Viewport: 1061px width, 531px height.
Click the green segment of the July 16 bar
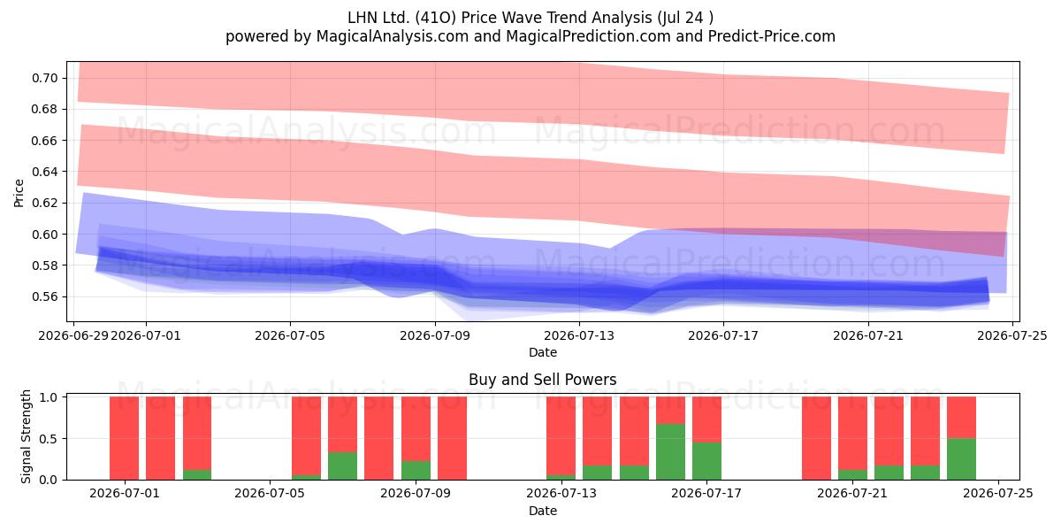point(670,452)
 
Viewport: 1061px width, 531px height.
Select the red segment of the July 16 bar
point(670,410)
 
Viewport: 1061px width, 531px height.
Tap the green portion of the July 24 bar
point(961,459)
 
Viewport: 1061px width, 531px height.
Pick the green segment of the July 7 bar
point(342,466)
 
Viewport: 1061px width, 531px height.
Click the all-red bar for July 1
point(124,438)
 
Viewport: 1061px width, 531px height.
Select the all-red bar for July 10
point(452,438)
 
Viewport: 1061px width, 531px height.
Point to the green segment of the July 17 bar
point(706,461)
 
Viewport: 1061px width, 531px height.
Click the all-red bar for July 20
point(816,438)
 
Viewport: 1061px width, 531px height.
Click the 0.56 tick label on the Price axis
point(45,296)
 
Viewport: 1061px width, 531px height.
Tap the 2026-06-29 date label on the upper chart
point(73,335)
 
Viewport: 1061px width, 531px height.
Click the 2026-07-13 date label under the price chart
point(579,335)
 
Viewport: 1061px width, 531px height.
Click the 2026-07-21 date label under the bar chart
point(852,493)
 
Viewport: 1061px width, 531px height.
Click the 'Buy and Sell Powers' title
point(542,380)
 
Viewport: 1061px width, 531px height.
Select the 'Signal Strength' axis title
point(26,436)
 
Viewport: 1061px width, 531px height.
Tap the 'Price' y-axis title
point(19,193)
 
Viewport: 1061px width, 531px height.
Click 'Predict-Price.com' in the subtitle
point(772,36)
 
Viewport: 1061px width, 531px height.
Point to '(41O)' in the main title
point(436,18)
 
